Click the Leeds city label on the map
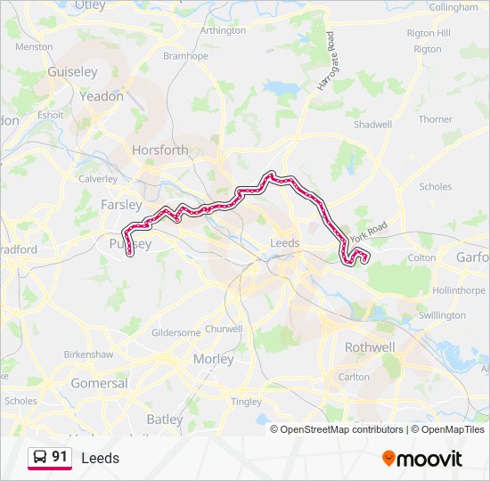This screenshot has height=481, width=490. click(x=284, y=242)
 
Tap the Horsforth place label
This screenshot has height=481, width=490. click(x=160, y=151)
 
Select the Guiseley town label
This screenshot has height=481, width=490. click(x=73, y=71)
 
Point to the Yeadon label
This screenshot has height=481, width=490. click(x=102, y=96)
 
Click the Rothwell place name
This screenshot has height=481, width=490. click(x=369, y=347)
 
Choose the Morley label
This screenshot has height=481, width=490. click(x=214, y=359)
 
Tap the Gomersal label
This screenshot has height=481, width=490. click(x=99, y=383)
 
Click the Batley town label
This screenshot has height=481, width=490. click(x=165, y=419)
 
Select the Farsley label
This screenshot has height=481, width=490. click(x=121, y=204)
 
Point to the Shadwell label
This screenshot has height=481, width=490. click(x=372, y=125)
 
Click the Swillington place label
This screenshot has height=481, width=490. click(x=442, y=315)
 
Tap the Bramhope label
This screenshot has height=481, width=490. click(x=185, y=55)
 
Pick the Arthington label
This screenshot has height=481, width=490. click(x=223, y=30)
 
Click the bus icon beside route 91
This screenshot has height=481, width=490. click(x=40, y=457)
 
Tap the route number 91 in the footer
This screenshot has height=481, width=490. click(x=60, y=457)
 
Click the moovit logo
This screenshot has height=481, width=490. click(x=422, y=459)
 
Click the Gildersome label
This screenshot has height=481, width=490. click(x=176, y=332)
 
